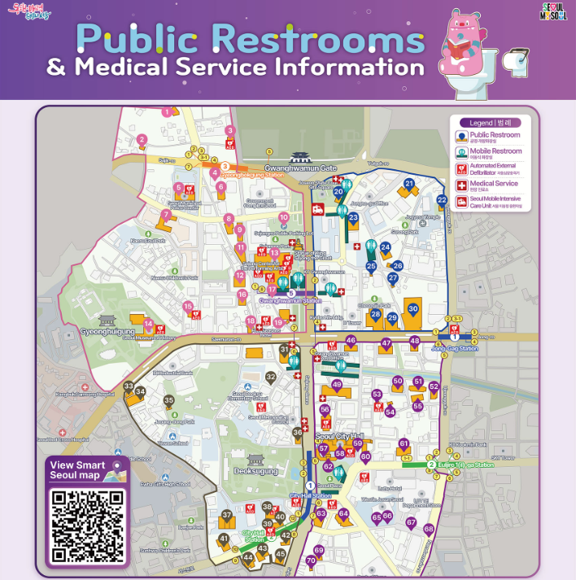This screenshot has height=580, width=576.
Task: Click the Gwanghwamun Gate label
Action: point(300,168)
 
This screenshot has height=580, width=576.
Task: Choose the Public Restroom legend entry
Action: point(494,136)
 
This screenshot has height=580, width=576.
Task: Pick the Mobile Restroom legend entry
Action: point(494,152)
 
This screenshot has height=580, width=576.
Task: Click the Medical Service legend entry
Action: point(494,184)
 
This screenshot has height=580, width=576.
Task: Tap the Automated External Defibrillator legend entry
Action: point(494,168)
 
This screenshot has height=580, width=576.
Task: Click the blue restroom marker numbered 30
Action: point(413,309)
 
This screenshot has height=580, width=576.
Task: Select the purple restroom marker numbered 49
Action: point(337,385)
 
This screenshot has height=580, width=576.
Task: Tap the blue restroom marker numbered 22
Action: point(442,200)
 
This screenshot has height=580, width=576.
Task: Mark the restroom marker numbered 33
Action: point(128,386)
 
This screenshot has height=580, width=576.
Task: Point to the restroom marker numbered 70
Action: point(310,560)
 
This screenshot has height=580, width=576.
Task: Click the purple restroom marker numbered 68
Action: point(429,529)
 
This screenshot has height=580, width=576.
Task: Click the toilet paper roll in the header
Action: point(515,60)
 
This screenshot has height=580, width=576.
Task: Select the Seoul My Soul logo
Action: point(553,12)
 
